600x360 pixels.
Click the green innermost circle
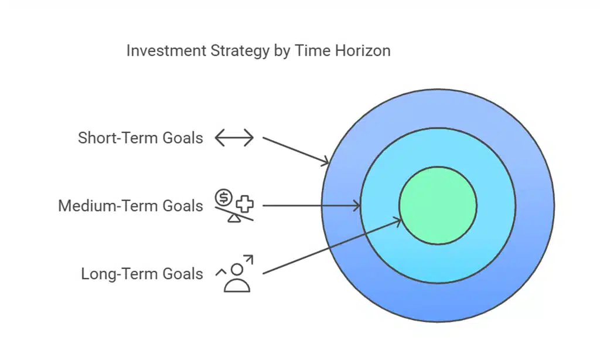(438, 205)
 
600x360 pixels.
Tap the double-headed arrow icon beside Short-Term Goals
(234, 138)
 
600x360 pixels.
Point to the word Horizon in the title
(362, 51)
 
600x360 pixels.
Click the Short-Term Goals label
(141, 138)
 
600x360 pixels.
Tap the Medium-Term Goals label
(131, 206)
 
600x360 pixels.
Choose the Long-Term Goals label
(142, 274)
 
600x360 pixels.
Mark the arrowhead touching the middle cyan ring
(357, 205)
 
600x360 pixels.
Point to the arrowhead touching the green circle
(398, 220)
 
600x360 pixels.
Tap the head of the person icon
(237, 270)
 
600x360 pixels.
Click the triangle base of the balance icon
(234, 219)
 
